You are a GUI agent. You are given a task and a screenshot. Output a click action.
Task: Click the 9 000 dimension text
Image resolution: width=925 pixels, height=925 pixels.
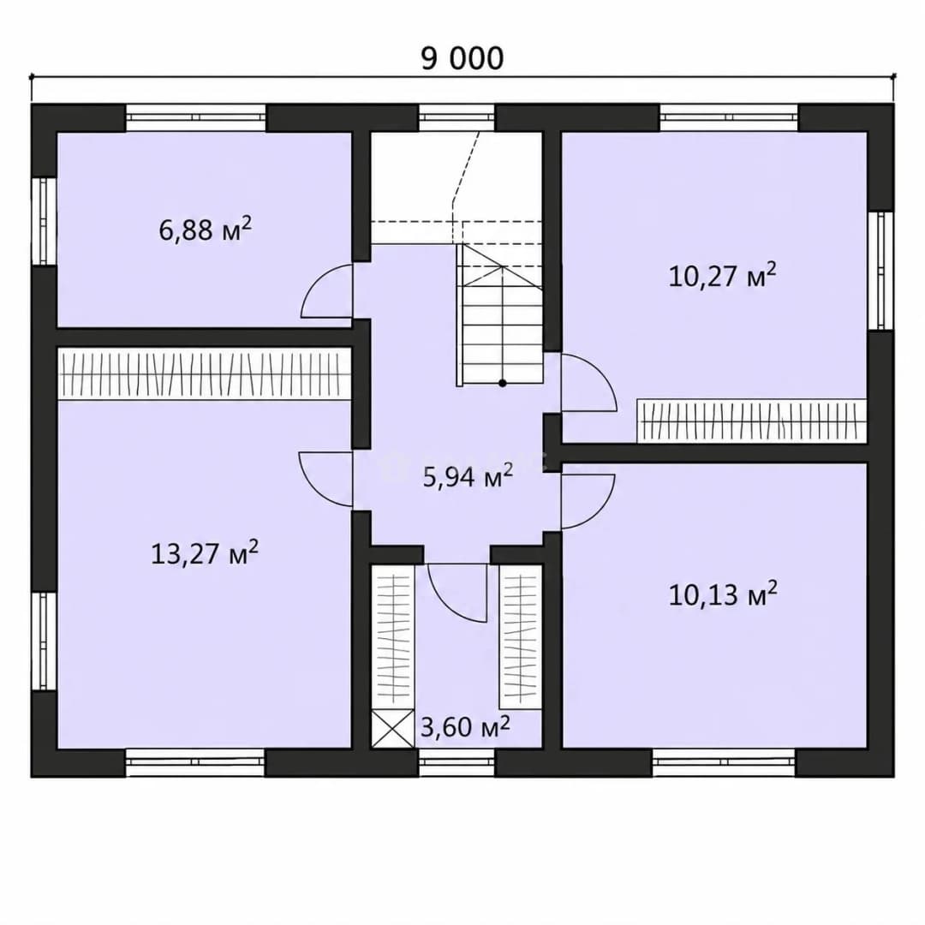pyautogui.click(x=462, y=58)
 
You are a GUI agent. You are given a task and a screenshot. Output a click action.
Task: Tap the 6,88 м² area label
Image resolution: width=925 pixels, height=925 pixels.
pyautogui.click(x=206, y=229)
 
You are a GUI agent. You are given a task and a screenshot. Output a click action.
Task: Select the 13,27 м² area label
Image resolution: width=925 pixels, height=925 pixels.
pyautogui.click(x=205, y=552)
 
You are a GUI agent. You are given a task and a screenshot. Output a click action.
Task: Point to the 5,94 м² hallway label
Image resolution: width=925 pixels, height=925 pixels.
pyautogui.click(x=468, y=476)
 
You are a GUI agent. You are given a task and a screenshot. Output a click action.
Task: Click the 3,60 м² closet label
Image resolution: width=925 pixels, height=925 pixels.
pyautogui.click(x=465, y=726)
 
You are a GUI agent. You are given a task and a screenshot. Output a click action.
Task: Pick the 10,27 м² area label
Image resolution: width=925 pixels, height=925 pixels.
pyautogui.click(x=722, y=275)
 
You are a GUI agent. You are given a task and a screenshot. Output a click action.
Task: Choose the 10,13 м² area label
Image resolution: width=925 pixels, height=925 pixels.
pyautogui.click(x=723, y=594)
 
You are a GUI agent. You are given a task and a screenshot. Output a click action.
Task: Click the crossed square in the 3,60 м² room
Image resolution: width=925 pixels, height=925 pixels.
pyautogui.click(x=392, y=729)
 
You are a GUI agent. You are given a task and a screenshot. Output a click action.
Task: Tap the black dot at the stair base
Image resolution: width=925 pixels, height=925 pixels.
pyautogui.click(x=502, y=383)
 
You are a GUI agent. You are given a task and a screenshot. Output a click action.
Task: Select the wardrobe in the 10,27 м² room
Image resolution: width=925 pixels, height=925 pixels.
pyautogui.click(x=752, y=421)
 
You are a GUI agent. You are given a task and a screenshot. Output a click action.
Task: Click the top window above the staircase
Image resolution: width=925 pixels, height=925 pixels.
pyautogui.click(x=457, y=118)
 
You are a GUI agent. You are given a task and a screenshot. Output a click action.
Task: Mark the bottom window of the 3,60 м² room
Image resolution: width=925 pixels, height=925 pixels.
pyautogui.click(x=457, y=763)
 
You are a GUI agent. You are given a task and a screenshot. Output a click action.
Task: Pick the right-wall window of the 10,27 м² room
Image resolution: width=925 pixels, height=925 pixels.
pyautogui.click(x=881, y=271)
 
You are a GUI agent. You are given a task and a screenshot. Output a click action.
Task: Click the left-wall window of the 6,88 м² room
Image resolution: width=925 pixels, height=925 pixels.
pyautogui.click(x=43, y=221)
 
